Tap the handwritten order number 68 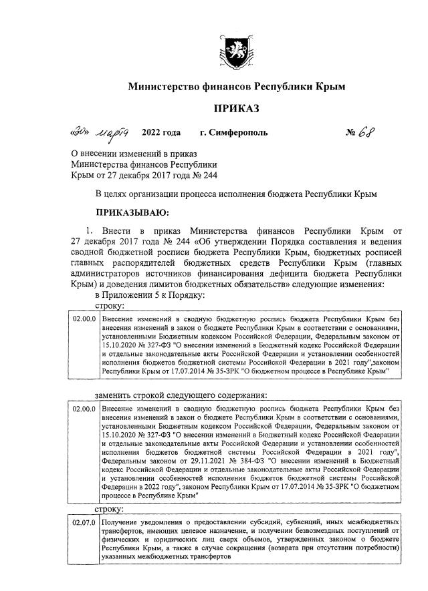369,131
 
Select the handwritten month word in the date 114,132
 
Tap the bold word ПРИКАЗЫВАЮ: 132,213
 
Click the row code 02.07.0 84,521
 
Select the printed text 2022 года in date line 161,132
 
